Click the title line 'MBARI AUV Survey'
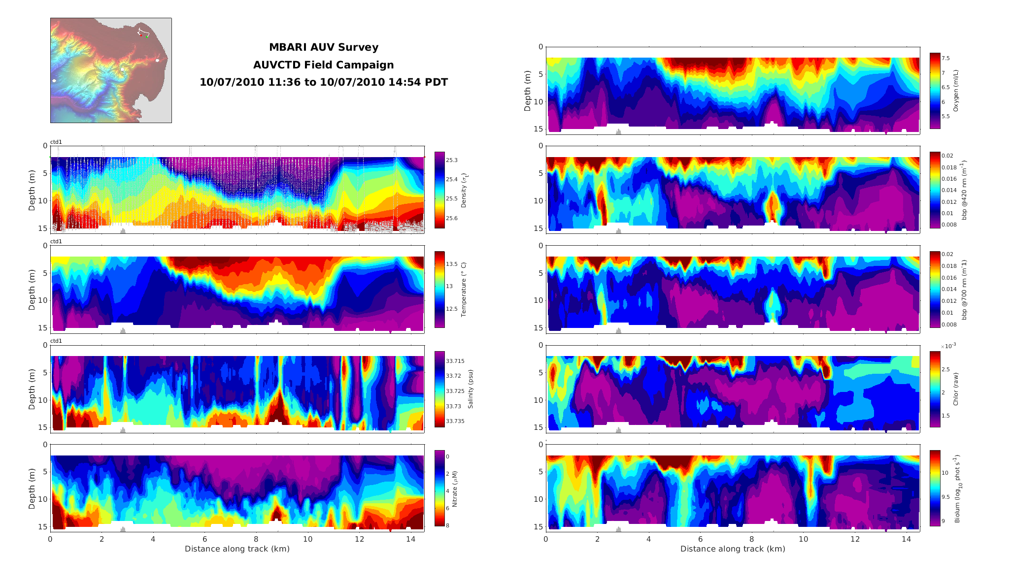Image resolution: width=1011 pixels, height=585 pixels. point(323,47)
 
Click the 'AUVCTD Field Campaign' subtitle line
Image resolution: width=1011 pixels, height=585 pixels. point(323,65)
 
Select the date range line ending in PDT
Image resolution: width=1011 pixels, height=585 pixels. point(323,82)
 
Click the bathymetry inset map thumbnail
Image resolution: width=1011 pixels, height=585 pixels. point(111,70)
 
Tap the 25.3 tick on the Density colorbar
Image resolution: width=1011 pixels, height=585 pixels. point(451,160)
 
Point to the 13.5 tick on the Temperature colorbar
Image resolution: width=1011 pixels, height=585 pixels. point(452,264)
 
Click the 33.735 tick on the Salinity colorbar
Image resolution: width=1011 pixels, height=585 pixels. point(455,421)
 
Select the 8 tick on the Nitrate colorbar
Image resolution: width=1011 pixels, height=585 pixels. point(447,525)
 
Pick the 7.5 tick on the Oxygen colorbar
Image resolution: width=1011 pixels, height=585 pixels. point(945,58)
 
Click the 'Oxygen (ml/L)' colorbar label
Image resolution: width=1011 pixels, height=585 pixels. point(956,91)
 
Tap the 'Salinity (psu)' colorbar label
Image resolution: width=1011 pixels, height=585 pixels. point(471,389)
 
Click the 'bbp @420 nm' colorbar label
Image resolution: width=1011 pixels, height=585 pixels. point(964,190)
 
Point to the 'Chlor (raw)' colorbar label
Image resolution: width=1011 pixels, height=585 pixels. point(956,389)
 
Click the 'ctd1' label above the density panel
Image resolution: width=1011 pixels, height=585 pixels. point(56,142)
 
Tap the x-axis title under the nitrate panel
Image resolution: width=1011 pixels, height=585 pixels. point(237,549)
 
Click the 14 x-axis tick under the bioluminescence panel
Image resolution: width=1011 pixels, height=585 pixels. point(906,539)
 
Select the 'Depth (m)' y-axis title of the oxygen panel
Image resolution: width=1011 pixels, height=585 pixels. point(528,91)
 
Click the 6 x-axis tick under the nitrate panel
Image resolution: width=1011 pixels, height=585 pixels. point(204,539)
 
